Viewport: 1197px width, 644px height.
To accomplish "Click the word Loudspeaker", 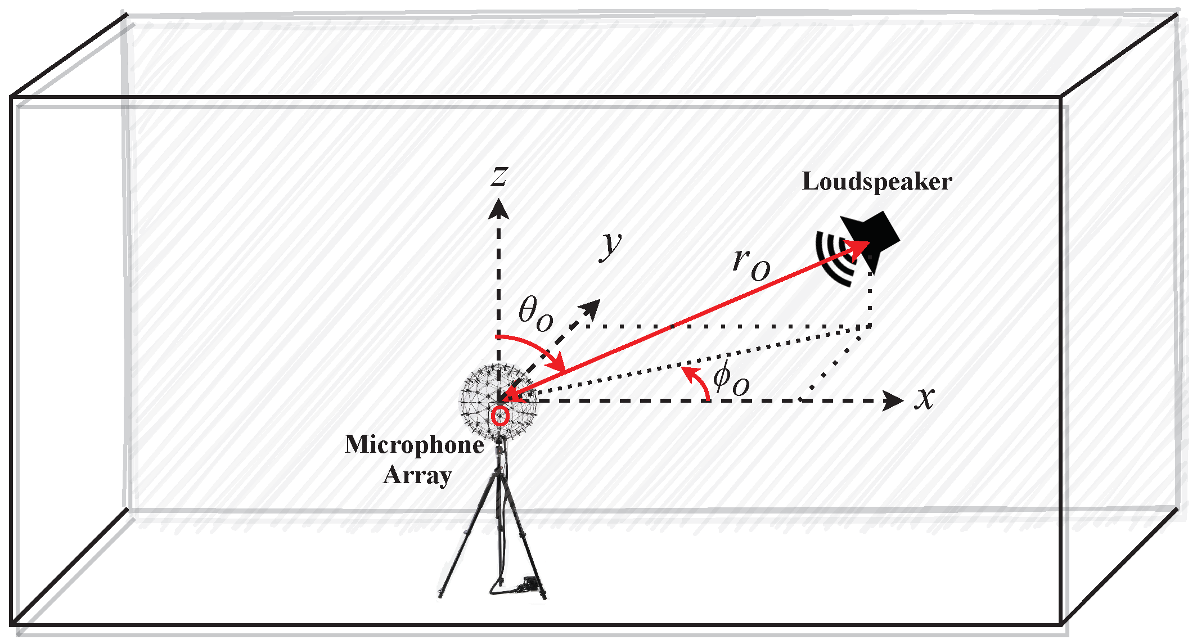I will tap(876, 182).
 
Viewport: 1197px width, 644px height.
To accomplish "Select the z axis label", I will tap(498, 176).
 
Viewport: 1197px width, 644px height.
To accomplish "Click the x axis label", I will tap(924, 398).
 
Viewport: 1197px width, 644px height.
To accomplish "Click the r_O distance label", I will tap(751, 264).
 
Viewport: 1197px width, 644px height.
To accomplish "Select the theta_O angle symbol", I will tap(535, 314).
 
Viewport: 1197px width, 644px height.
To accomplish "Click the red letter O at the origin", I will tap(499, 416).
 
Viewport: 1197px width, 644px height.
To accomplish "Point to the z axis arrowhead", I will tap(498, 208).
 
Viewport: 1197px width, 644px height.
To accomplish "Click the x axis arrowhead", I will tap(893, 400).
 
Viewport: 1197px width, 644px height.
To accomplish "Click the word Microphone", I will tap(414, 445).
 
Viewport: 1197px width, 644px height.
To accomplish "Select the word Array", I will tap(417, 476).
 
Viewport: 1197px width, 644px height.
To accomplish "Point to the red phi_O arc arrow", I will tap(697, 382).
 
